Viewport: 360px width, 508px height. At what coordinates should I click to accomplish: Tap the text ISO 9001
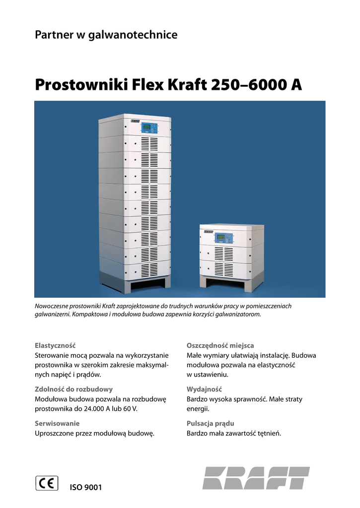point(86,488)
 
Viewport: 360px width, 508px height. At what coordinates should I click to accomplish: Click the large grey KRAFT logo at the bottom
point(256,478)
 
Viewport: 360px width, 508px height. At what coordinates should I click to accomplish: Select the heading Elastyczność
point(55,345)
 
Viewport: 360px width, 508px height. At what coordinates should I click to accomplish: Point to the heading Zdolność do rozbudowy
point(73,389)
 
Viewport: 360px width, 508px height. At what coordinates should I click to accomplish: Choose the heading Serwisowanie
point(57,423)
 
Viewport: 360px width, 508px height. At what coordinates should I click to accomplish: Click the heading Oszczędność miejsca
point(220,345)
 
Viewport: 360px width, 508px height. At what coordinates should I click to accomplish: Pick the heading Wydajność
point(204,389)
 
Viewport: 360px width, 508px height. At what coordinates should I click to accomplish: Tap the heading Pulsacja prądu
point(210,423)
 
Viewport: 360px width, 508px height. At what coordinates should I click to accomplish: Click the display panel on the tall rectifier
point(148,127)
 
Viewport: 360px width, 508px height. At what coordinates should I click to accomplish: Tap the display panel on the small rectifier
point(220,238)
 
